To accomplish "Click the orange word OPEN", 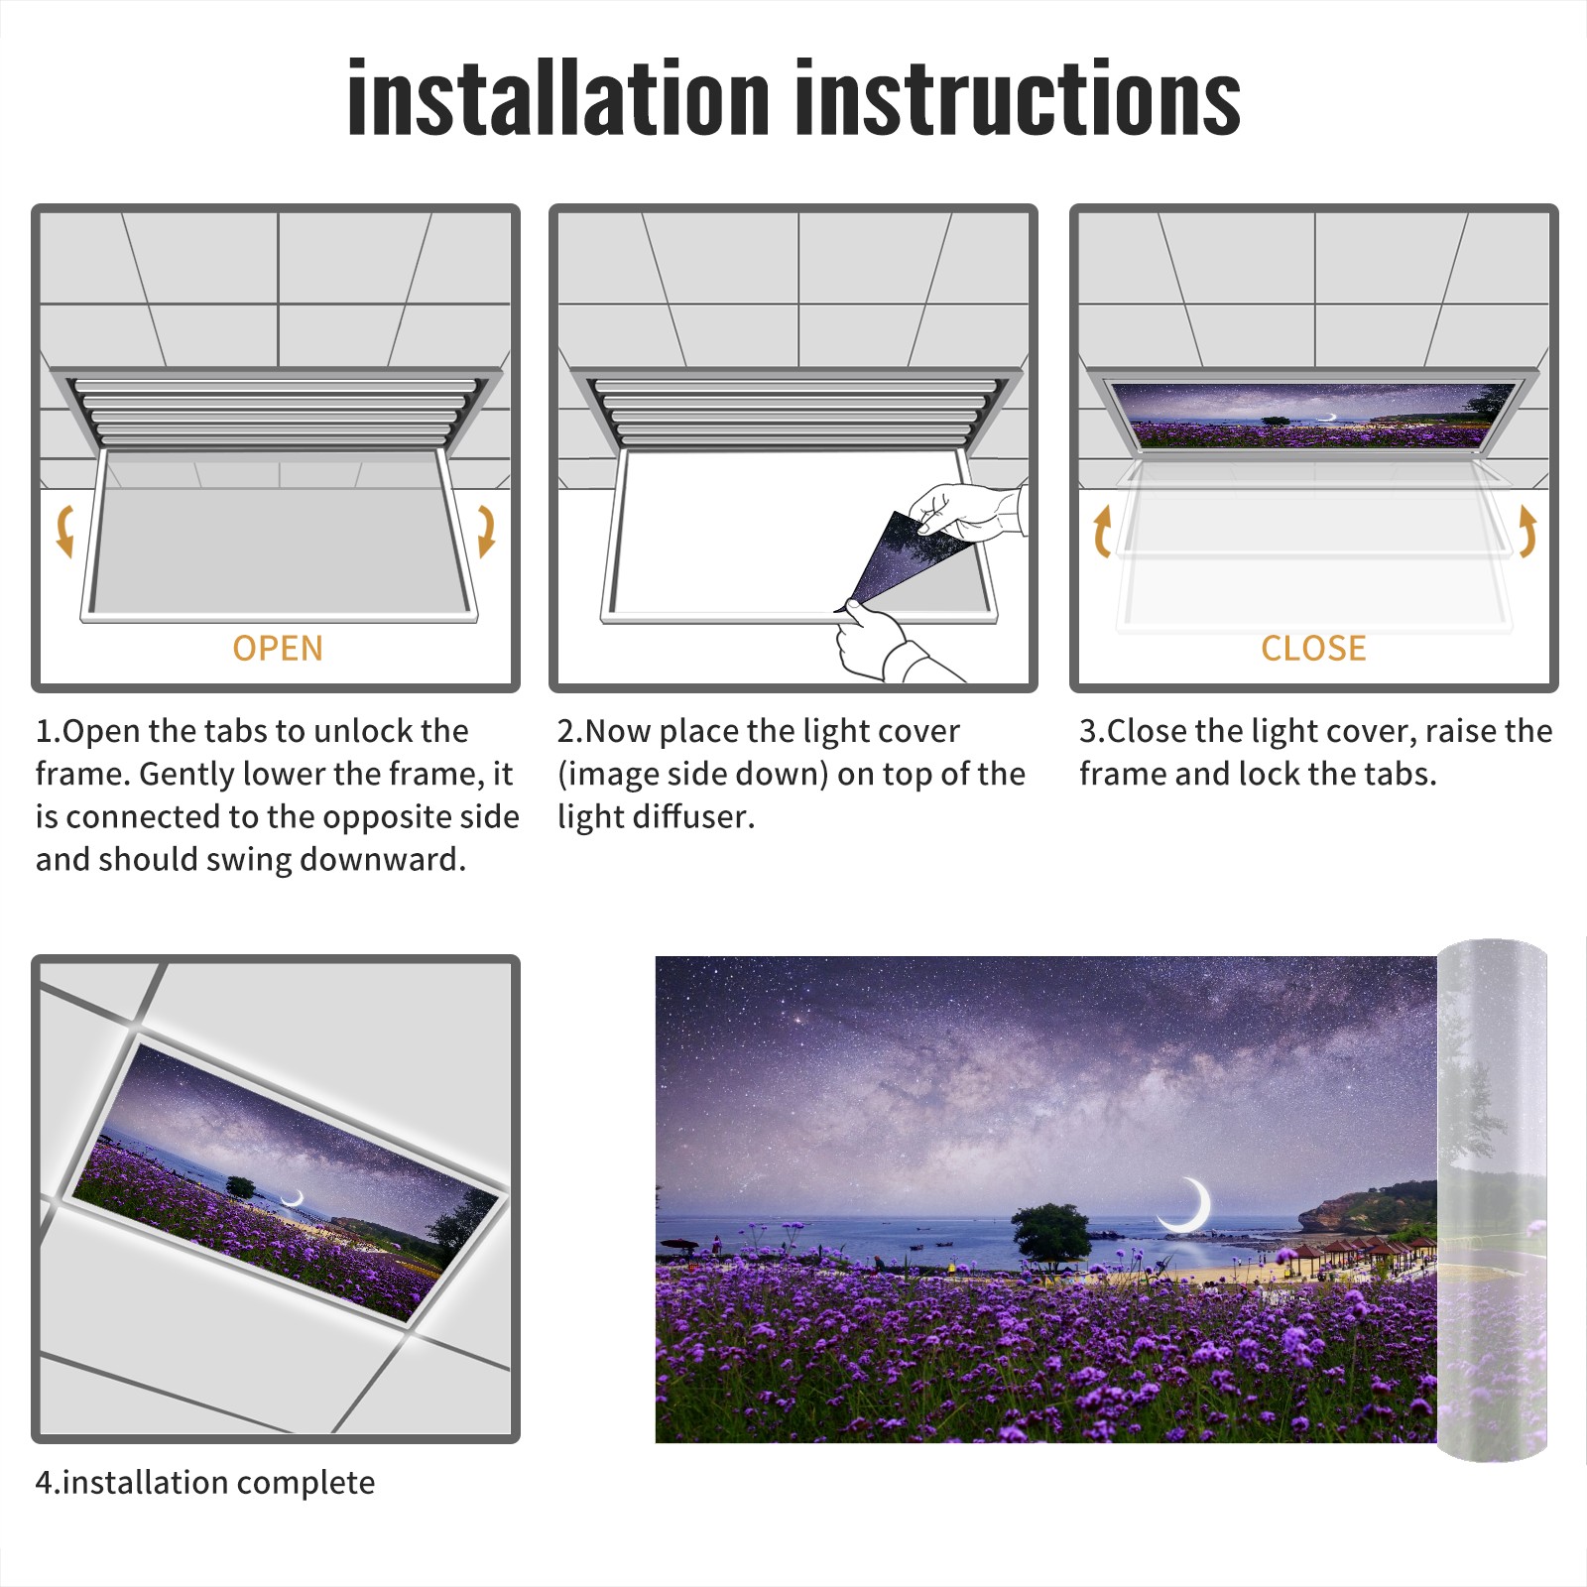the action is click(278, 649).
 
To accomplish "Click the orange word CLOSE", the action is click(1313, 649).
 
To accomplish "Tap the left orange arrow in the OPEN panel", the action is click(65, 531).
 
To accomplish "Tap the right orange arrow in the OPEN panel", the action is click(486, 531).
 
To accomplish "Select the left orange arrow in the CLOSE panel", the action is click(1102, 531).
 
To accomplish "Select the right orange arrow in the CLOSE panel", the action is click(1527, 531).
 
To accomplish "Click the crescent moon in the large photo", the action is click(1190, 1206).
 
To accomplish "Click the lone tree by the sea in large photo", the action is click(1051, 1236).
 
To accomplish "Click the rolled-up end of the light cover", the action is click(1492, 1200).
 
